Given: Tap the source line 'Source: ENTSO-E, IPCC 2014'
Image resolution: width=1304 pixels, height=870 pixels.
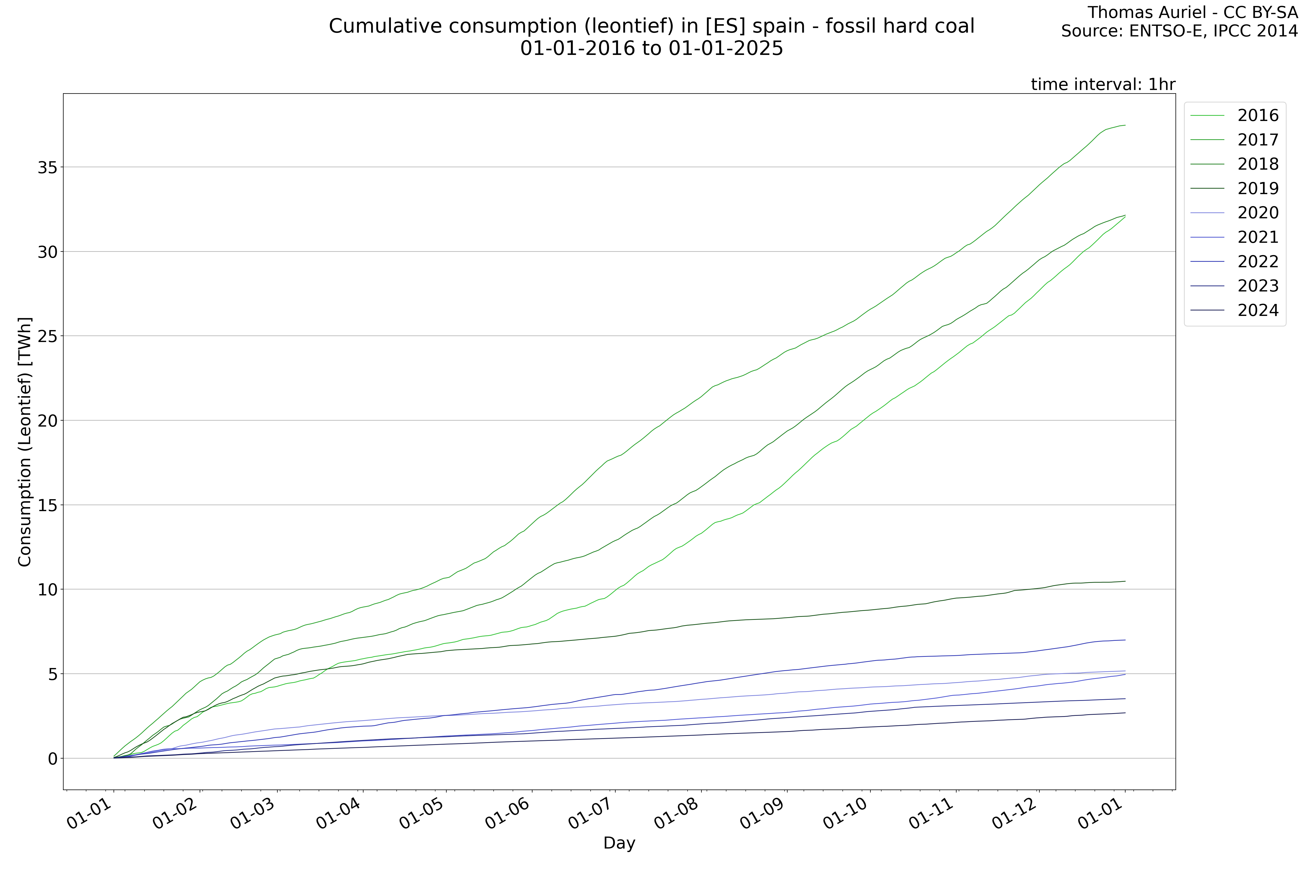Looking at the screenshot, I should coord(1179,31).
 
